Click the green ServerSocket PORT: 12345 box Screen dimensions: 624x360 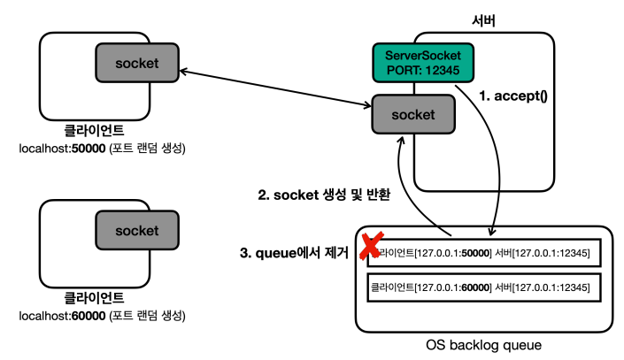click(x=423, y=63)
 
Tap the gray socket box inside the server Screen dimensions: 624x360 click(x=413, y=114)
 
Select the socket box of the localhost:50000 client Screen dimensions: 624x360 click(x=137, y=63)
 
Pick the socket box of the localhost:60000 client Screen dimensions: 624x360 click(x=137, y=230)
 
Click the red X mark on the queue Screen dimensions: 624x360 click(x=371, y=245)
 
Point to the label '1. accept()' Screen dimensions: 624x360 click(x=513, y=96)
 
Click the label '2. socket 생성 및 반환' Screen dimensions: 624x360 click(x=324, y=195)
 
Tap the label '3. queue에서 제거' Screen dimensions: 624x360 click(x=294, y=253)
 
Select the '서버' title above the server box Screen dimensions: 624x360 click(x=483, y=20)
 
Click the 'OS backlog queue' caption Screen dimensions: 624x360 click(x=483, y=345)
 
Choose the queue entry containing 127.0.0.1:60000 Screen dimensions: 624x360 click(x=483, y=287)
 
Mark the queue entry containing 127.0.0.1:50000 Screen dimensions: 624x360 click(x=483, y=253)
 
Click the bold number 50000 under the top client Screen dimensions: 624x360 click(x=89, y=149)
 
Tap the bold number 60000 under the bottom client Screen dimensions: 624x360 click(x=89, y=316)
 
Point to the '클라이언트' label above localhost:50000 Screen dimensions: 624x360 click(x=94, y=131)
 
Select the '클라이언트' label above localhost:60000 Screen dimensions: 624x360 click(x=94, y=298)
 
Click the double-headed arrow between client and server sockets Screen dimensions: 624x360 click(x=275, y=88)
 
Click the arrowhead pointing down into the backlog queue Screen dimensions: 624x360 click(x=492, y=231)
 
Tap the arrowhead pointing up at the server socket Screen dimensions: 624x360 click(x=402, y=141)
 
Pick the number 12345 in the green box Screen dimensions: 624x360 click(x=443, y=71)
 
